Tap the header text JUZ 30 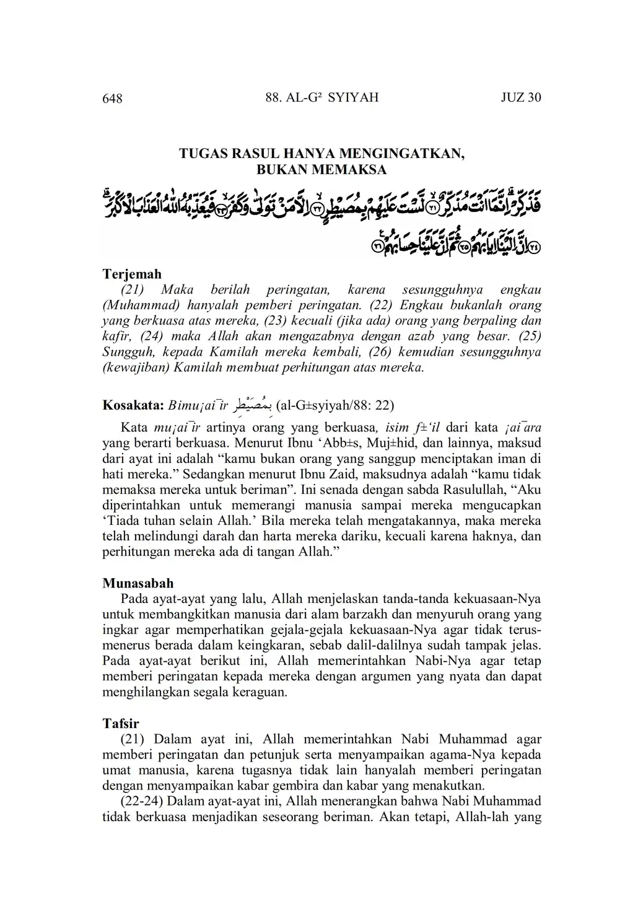(x=520, y=97)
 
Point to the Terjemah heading (x=131, y=274)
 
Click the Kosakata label (x=133, y=406)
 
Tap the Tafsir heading (x=121, y=723)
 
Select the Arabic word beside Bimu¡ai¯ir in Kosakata (x=254, y=406)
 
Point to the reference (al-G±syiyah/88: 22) (x=335, y=406)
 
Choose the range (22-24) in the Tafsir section (x=142, y=801)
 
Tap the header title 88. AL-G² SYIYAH (x=321, y=97)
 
